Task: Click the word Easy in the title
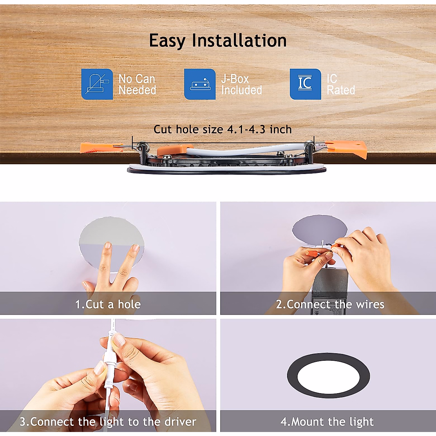click(x=168, y=41)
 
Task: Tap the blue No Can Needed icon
click(x=97, y=84)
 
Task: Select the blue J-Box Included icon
click(x=200, y=84)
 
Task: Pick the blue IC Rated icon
click(x=305, y=84)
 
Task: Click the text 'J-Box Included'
click(x=242, y=84)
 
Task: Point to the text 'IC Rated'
click(x=340, y=84)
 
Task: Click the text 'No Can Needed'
click(x=137, y=84)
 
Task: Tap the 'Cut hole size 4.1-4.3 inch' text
click(x=222, y=129)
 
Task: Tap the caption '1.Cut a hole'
click(x=108, y=304)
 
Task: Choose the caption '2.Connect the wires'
click(x=330, y=304)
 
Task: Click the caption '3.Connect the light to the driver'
click(x=108, y=422)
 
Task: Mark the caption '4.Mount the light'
click(x=327, y=422)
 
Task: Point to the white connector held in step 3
click(x=109, y=367)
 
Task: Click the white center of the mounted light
click(x=328, y=376)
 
